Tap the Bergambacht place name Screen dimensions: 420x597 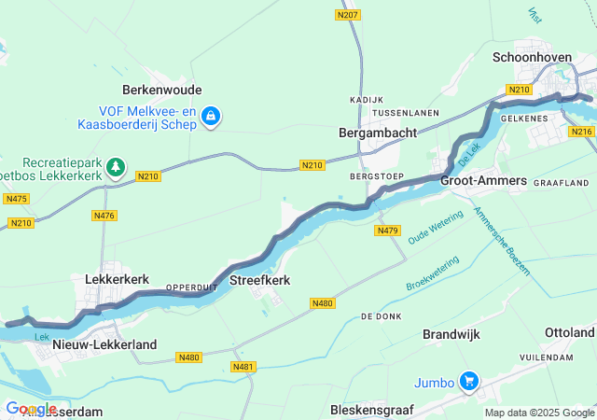click(x=377, y=133)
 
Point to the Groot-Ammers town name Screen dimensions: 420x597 click(x=483, y=180)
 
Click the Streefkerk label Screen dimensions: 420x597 click(x=260, y=280)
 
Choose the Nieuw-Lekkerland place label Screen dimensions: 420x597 click(x=104, y=344)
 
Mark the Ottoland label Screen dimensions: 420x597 click(x=569, y=333)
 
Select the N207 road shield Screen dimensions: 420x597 click(x=347, y=15)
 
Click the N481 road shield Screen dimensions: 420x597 click(x=243, y=367)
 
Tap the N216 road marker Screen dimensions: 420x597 click(x=581, y=132)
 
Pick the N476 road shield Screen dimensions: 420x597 click(x=104, y=216)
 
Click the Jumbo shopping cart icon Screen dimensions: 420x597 click(x=468, y=381)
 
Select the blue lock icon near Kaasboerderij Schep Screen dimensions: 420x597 click(x=211, y=116)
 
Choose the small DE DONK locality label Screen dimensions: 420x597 click(x=381, y=317)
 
